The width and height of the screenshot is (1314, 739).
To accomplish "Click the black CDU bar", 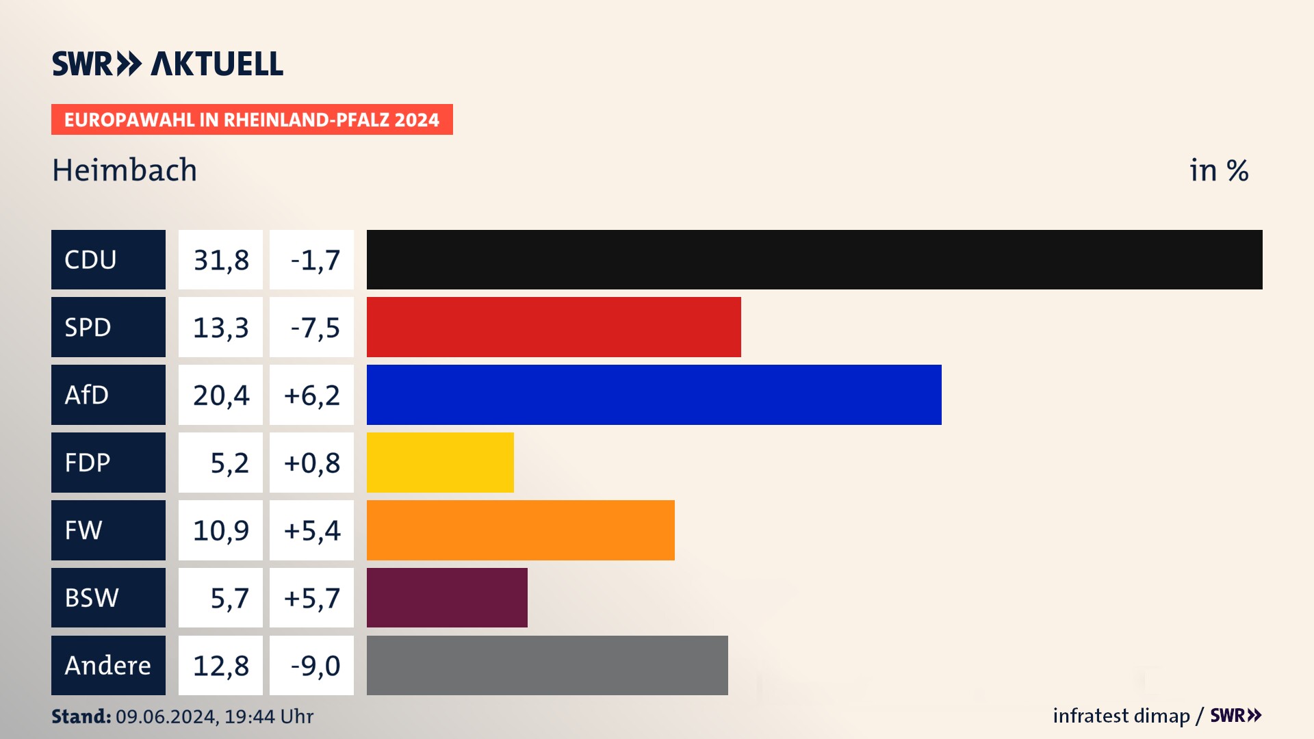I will (814, 259).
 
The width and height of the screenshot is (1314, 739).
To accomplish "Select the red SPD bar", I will (554, 327).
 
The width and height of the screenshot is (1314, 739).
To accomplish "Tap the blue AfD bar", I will (654, 395).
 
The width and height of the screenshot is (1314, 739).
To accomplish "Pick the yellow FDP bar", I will (440, 463).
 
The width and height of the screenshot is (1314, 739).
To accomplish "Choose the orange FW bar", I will (520, 530).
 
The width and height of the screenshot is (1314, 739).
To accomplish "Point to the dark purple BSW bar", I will (447, 597).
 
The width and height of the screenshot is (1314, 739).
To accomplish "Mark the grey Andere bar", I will (547, 665).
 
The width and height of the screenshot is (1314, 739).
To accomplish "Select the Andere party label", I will (108, 665).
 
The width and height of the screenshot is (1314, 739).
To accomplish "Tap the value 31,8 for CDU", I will (221, 260).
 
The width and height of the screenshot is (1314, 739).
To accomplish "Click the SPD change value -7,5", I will (315, 328).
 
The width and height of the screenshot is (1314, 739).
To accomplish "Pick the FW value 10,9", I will (221, 530).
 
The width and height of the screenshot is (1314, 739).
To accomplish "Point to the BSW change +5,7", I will (312, 598).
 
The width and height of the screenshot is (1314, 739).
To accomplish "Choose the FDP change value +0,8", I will (312, 463).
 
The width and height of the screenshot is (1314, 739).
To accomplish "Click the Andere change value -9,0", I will (315, 666).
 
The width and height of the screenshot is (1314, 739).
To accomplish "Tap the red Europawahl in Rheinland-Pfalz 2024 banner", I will (252, 120).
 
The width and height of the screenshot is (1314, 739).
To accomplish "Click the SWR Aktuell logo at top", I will (168, 64).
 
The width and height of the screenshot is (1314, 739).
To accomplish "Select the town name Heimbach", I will (125, 170).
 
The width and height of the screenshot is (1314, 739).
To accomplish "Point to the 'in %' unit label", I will (1219, 171).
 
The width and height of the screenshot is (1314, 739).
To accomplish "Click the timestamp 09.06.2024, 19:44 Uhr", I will (214, 716).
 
